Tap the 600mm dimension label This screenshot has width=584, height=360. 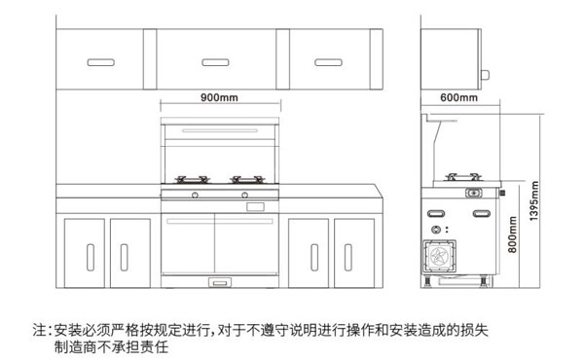click(x=458, y=98)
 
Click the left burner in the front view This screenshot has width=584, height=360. click(x=192, y=179)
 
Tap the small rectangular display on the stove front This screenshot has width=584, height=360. click(x=256, y=205)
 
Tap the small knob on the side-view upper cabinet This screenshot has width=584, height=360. click(x=487, y=73)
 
